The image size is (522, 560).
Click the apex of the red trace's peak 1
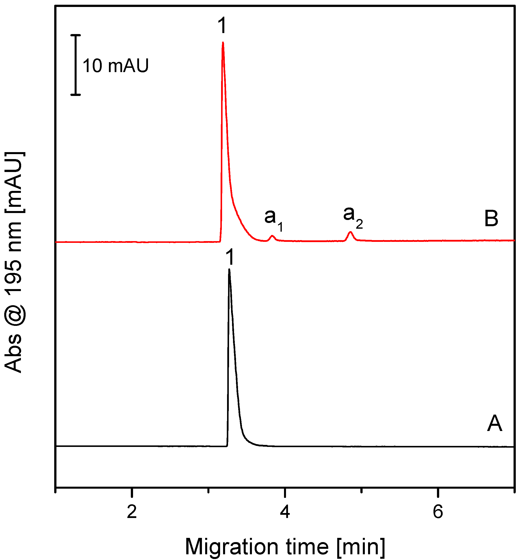click(x=223, y=43)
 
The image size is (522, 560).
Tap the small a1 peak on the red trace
click(x=272, y=236)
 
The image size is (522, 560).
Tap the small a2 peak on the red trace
click(x=350, y=232)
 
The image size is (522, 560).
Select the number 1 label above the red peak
click(x=222, y=26)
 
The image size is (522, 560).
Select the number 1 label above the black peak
click(x=230, y=257)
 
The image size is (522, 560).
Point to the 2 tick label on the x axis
click(x=132, y=512)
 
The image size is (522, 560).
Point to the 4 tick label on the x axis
click(x=285, y=512)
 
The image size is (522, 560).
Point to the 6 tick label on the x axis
click(x=438, y=512)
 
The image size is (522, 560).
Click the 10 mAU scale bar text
click(x=115, y=66)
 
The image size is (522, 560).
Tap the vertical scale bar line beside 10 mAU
click(x=75, y=65)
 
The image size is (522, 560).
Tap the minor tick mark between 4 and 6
click(x=362, y=491)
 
